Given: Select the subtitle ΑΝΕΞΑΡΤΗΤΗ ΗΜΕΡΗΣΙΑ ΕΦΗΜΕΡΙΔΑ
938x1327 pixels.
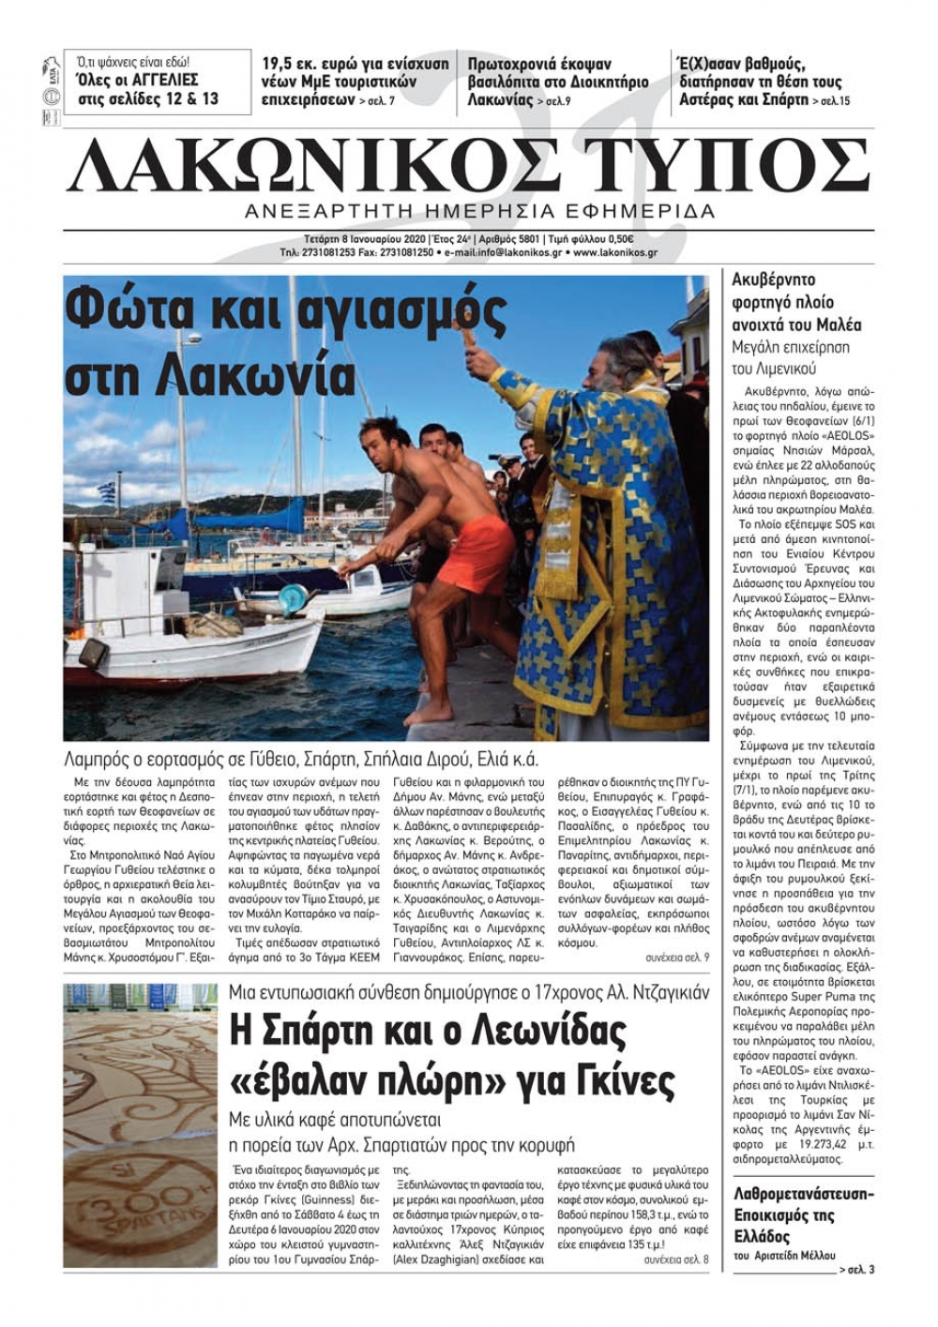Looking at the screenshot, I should (479, 211).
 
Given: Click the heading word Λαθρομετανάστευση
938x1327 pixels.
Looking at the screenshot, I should (802, 1194).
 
